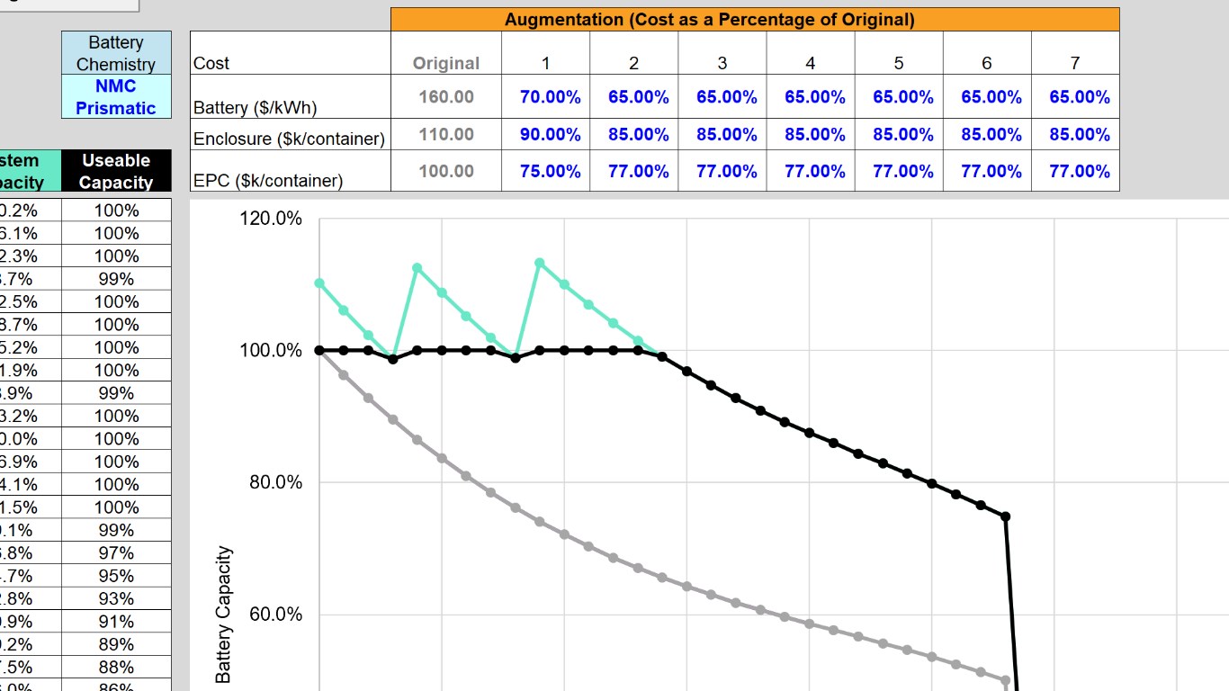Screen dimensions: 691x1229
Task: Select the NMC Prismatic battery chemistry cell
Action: click(116, 97)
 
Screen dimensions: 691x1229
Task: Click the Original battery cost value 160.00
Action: click(446, 97)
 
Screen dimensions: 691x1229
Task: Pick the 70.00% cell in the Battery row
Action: click(550, 97)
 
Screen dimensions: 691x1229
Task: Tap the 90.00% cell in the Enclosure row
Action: click(550, 135)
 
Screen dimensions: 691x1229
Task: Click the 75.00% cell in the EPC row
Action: click(550, 171)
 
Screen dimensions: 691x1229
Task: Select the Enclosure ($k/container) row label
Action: click(289, 139)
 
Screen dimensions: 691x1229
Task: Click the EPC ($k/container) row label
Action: click(268, 180)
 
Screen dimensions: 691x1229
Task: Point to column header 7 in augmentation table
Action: click(1074, 63)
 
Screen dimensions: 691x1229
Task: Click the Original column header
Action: click(446, 63)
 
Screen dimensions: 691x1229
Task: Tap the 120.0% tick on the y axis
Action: click(270, 219)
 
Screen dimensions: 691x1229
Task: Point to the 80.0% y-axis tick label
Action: click(275, 482)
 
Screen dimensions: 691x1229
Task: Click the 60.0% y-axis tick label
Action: click(275, 615)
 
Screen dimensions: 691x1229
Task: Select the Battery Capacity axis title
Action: click(223, 615)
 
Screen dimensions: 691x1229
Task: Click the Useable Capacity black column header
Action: click(116, 171)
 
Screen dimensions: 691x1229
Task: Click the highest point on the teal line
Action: click(540, 263)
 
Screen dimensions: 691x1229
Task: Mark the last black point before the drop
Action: click(1006, 516)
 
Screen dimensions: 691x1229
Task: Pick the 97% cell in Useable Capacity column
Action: click(116, 553)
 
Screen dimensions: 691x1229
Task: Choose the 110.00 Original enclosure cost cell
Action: click(446, 135)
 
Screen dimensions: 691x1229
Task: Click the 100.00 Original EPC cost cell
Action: click(446, 171)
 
